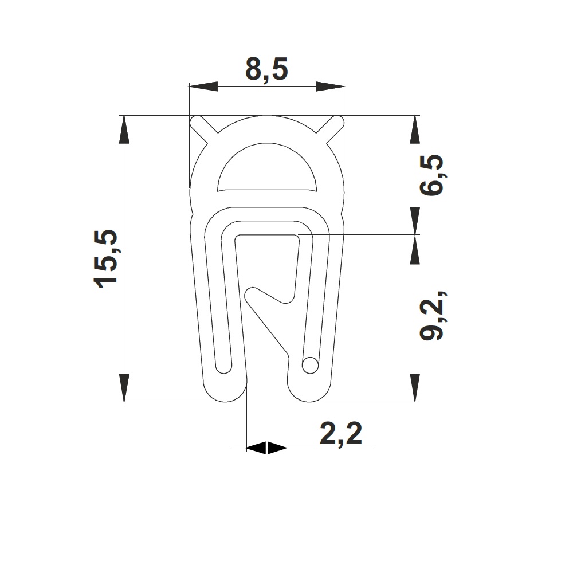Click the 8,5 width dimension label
[267, 69]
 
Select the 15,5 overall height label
[106, 260]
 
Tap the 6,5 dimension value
[431, 175]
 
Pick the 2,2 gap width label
[341, 434]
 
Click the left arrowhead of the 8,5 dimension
[203, 87]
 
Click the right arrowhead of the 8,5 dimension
[330, 87]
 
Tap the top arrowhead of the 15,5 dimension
[124, 129]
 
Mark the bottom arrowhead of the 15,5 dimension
[124, 388]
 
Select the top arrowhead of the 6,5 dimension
[415, 129]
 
